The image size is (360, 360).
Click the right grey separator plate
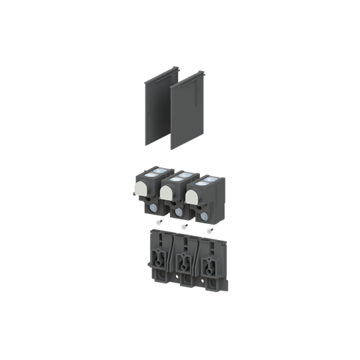[x=186, y=117]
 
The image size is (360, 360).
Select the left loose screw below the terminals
[x=158, y=223]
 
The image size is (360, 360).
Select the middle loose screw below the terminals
[x=183, y=227]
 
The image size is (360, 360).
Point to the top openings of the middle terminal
[x=177, y=176]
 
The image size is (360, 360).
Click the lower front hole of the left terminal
[x=153, y=207]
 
